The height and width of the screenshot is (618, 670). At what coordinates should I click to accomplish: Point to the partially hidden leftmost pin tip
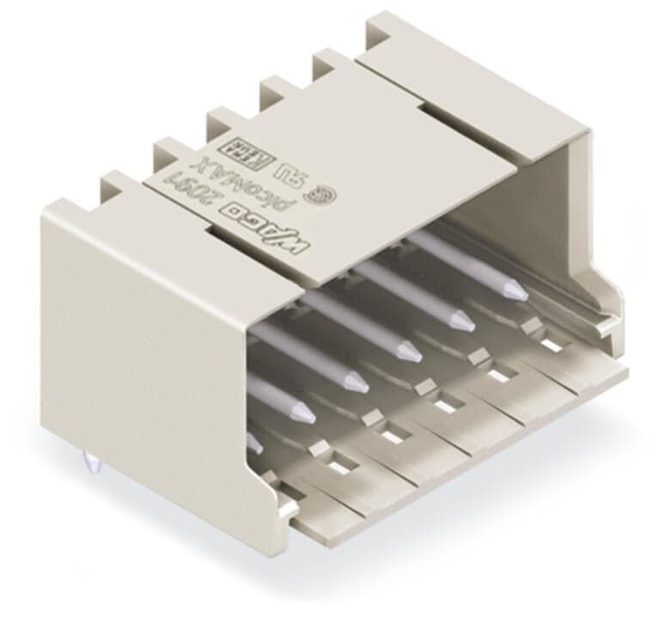[x=255, y=444]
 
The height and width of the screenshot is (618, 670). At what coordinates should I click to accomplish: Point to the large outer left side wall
[x=137, y=344]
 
